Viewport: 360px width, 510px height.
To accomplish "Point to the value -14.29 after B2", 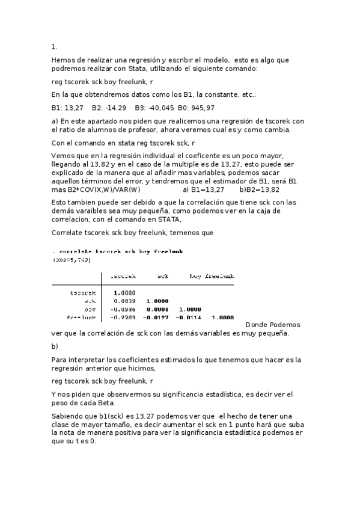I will tap(105, 108).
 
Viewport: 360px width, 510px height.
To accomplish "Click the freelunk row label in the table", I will tap(82, 317).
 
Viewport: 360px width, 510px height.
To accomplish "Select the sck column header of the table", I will tap(162, 277).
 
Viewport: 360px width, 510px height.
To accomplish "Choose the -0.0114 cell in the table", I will tap(186, 317).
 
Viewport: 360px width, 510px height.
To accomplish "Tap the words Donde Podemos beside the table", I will tap(273, 324).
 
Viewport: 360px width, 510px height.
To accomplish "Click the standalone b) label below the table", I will tap(55, 346).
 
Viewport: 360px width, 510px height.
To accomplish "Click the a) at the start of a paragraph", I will tap(55, 121).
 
